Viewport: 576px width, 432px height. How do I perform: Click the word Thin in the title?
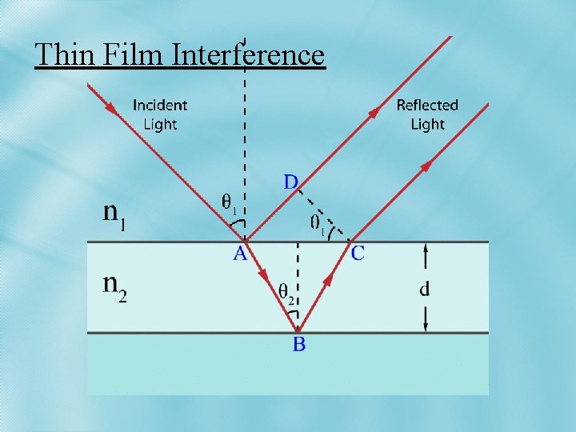click(x=65, y=54)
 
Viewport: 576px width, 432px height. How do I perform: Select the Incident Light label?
click(x=160, y=114)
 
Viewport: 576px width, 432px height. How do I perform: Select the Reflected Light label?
click(x=427, y=114)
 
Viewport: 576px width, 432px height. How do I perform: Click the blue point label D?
click(x=291, y=182)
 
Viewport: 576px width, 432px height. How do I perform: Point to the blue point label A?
click(x=239, y=254)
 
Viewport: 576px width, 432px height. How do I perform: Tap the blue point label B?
click(x=298, y=345)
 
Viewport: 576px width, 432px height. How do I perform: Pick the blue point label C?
click(x=358, y=254)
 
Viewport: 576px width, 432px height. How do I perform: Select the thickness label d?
click(x=424, y=288)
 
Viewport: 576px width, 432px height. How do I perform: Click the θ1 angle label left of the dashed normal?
click(x=230, y=204)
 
